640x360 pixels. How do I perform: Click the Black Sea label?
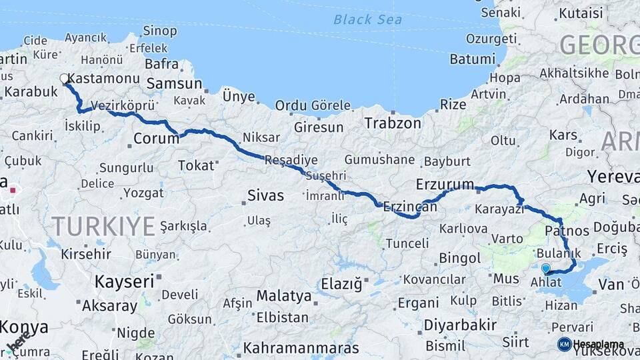click(368, 19)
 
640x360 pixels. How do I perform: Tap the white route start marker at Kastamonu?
click(65, 79)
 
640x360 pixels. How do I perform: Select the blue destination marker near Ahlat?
click(546, 269)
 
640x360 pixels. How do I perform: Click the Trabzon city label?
click(393, 123)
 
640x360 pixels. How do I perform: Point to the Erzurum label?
click(445, 184)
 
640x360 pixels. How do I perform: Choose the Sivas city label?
click(265, 196)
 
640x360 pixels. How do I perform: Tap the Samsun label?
click(174, 83)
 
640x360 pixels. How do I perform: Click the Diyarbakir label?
click(460, 325)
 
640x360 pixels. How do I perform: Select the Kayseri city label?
click(124, 281)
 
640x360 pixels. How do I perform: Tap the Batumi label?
click(472, 59)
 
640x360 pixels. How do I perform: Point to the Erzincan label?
click(410, 207)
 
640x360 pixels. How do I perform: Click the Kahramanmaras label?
click(301, 348)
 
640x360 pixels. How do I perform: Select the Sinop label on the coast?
click(160, 31)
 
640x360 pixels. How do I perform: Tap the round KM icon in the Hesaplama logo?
click(564, 344)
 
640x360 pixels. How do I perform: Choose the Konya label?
click(25, 327)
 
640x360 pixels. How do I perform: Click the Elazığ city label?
click(341, 284)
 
